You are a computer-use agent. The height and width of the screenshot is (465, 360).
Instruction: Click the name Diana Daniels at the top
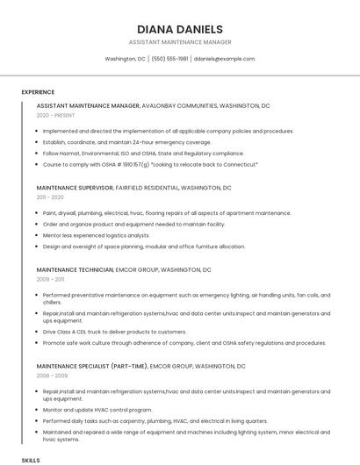coord(180,29)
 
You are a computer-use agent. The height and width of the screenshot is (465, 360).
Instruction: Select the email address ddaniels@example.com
coord(224,59)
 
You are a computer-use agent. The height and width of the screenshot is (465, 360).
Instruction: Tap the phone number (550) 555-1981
coord(169,59)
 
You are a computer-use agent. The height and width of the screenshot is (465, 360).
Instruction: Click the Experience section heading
coord(38,92)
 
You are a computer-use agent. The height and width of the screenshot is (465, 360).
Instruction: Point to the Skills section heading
coord(31,460)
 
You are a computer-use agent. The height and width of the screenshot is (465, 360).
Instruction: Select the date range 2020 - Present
coord(55,115)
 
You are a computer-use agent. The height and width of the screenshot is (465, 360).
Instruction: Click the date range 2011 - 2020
coord(50,197)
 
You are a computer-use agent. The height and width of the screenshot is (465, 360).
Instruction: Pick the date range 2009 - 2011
coord(50,279)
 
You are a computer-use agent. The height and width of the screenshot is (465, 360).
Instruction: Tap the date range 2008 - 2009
coord(51,375)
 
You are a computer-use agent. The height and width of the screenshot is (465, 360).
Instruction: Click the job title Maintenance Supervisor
coord(75,188)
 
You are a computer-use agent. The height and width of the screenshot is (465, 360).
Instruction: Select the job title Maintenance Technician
coord(75,269)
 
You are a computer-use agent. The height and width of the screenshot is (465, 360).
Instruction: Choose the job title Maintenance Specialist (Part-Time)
coord(91,365)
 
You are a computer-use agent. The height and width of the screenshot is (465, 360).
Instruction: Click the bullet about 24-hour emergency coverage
coord(127,142)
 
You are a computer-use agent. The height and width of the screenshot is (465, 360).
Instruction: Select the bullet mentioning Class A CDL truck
coord(114,332)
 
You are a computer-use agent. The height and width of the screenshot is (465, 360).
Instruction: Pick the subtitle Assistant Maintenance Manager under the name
coord(180,42)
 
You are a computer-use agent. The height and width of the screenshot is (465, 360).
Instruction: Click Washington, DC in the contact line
coord(125,59)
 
